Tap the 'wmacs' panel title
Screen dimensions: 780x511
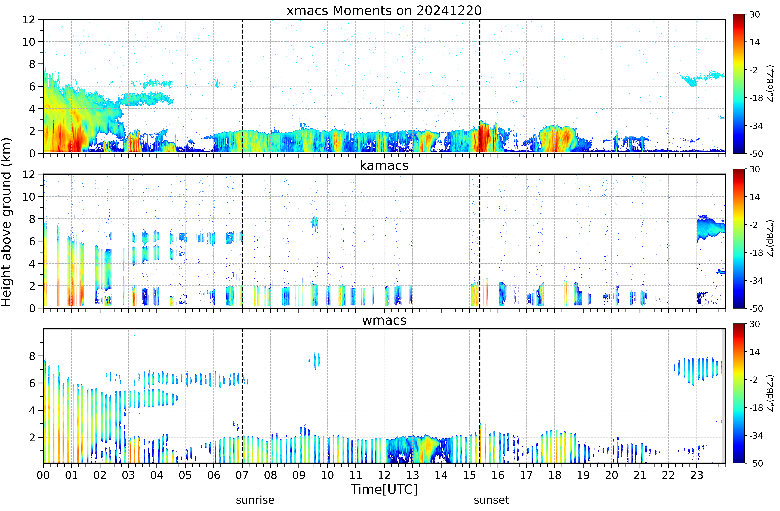pyautogui.click(x=384, y=320)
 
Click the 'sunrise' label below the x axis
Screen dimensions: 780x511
pyautogui.click(x=255, y=500)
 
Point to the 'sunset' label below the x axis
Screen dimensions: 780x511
pyautogui.click(x=491, y=500)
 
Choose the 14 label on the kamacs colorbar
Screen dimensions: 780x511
pyautogui.click(x=755, y=197)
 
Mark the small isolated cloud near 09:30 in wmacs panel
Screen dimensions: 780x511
pyautogui.click(x=316, y=362)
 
